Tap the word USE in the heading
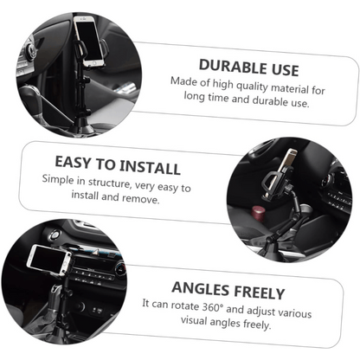click(x=285, y=70)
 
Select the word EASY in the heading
click(x=73, y=163)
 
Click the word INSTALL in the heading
click(x=150, y=167)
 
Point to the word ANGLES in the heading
click(x=201, y=288)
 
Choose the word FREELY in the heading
click(x=260, y=292)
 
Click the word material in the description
click(x=290, y=88)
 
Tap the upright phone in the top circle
click(x=88, y=42)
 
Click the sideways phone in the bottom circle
click(x=49, y=260)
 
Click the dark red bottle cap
click(x=258, y=214)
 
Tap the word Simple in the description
click(x=58, y=180)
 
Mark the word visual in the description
click(x=194, y=320)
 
